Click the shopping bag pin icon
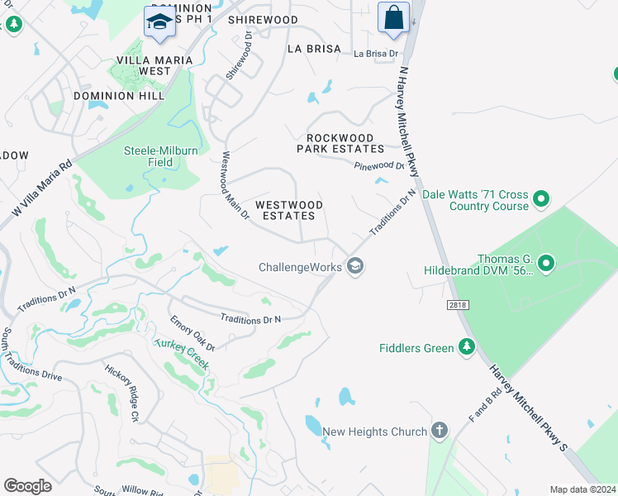[x=394, y=17]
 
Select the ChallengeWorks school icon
[x=355, y=266]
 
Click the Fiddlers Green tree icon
[x=467, y=347]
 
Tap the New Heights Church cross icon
[x=439, y=431]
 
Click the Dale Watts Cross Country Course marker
[x=541, y=199]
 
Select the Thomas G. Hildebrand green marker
[x=545, y=264]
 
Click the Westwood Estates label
[x=285, y=210]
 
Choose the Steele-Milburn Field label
[x=160, y=156]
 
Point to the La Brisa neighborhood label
[x=314, y=49]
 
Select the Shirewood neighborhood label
[x=263, y=19]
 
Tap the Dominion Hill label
[x=115, y=96]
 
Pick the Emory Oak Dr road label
[x=193, y=332]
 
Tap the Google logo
[x=27, y=485]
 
